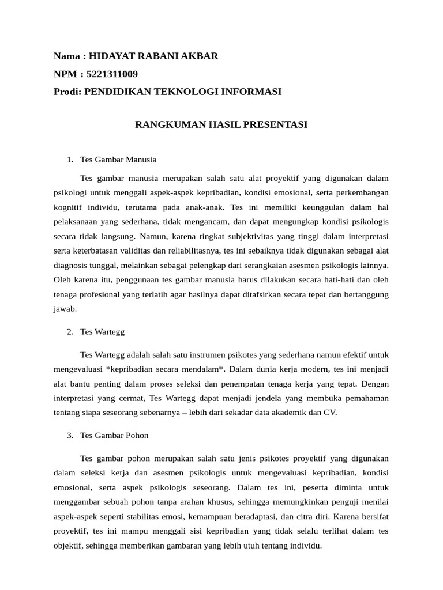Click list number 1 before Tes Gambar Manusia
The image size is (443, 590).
point(69,160)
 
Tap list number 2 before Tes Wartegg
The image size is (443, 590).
point(69,332)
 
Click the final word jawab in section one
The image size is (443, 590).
point(64,309)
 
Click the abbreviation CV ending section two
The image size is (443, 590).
point(331,413)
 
